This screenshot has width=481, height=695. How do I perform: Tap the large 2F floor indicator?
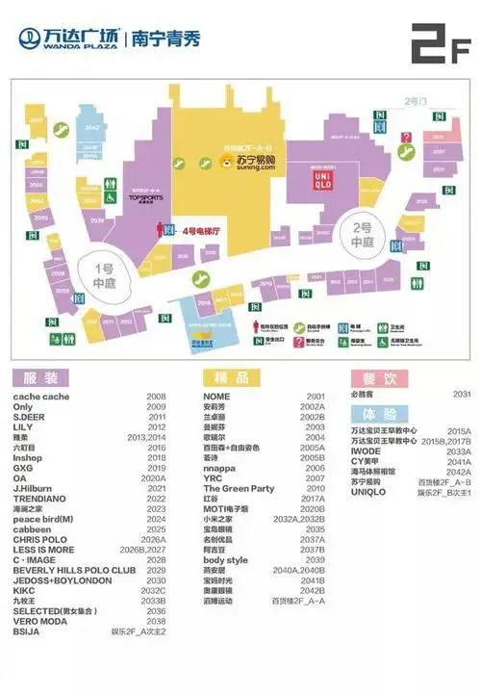(439, 41)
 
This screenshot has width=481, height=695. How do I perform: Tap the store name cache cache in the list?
(41, 397)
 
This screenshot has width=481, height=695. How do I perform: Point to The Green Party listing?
(240, 488)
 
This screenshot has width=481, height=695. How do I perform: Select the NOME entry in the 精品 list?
(216, 397)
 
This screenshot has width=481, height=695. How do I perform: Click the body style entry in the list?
(225, 560)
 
